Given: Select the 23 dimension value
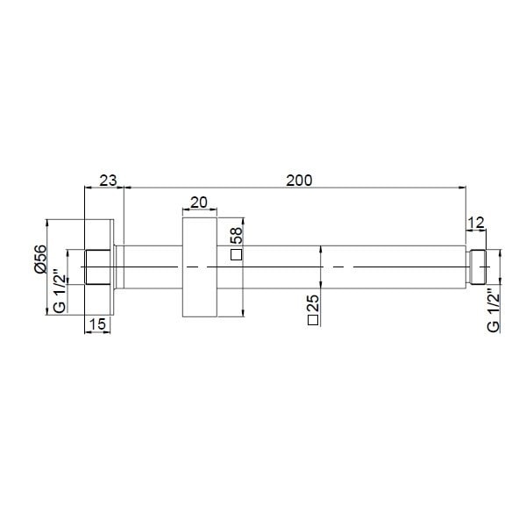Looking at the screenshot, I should [x=108, y=180].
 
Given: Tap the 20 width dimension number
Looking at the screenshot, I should [x=199, y=202].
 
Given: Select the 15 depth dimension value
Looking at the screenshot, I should [x=98, y=324].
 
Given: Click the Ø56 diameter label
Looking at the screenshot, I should [x=40, y=259].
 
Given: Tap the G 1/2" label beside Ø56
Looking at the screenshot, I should [x=60, y=291].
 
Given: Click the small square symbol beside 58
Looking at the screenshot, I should [x=235, y=255].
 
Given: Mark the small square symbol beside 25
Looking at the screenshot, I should [x=313, y=322].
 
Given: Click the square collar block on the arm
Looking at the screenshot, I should [x=199, y=267].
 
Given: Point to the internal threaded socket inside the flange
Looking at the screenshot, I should [x=96, y=267].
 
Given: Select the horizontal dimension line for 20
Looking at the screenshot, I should [x=199, y=210].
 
